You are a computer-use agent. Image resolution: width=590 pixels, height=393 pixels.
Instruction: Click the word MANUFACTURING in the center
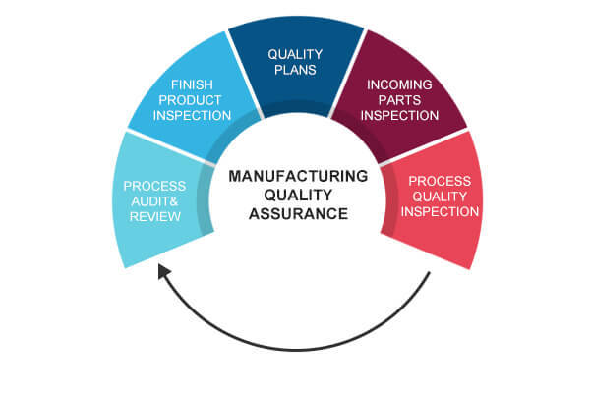click(x=298, y=176)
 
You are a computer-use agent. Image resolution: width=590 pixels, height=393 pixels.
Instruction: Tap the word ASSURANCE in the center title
click(x=298, y=213)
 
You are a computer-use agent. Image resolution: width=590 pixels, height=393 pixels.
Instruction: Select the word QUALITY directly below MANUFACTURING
click(x=298, y=195)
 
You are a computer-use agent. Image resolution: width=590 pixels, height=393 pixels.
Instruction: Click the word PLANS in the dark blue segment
click(x=295, y=70)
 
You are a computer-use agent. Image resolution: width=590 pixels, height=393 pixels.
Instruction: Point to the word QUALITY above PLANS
click(x=295, y=54)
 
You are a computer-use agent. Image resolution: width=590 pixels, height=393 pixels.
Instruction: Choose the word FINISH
click(x=192, y=84)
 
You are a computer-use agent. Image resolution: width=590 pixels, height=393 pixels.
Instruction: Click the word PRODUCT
click(x=190, y=100)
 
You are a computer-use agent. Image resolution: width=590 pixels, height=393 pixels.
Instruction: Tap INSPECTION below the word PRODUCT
click(x=192, y=115)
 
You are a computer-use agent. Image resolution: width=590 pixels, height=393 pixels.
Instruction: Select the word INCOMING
click(x=399, y=84)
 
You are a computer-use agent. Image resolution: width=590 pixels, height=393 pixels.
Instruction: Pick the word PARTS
click(x=399, y=100)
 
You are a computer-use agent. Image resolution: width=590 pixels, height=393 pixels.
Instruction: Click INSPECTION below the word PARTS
click(x=399, y=115)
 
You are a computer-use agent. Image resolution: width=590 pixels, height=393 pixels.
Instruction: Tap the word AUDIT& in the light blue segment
click(x=154, y=201)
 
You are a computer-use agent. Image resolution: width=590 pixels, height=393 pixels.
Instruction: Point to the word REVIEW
click(x=155, y=216)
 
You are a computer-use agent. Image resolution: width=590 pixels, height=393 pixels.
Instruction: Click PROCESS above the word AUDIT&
click(x=154, y=186)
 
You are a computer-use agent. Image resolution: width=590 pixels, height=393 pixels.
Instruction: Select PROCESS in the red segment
click(x=440, y=181)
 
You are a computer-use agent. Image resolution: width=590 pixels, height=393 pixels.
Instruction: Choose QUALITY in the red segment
click(x=440, y=196)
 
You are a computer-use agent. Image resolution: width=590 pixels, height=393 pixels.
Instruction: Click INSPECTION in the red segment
click(x=440, y=211)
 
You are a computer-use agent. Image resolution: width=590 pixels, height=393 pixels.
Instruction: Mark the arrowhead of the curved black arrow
click(x=163, y=271)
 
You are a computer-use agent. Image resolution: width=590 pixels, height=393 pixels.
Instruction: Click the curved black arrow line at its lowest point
click(x=297, y=350)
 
